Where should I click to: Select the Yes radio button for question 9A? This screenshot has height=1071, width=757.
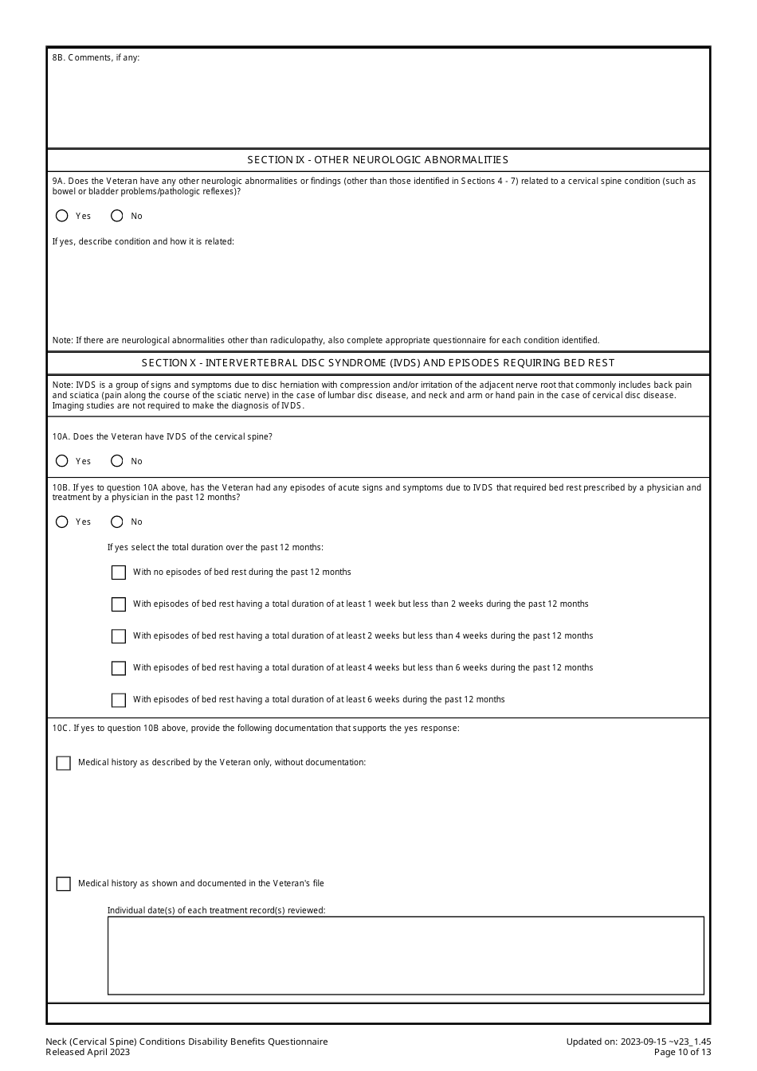pos(62,216)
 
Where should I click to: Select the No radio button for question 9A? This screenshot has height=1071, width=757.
pos(117,216)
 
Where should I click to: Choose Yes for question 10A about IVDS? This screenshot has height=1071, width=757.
pos(62,461)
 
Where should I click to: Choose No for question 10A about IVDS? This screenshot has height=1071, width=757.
pos(117,461)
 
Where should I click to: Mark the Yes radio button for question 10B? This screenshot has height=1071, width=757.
pos(62,522)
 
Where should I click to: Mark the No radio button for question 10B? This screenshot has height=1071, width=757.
pos(117,522)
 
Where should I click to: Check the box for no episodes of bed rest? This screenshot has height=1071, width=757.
pos(119,573)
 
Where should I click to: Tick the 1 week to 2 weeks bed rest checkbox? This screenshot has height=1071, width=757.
pos(119,604)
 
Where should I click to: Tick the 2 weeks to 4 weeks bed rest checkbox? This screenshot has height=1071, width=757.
pos(119,636)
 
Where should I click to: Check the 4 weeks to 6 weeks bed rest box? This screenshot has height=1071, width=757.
pos(119,668)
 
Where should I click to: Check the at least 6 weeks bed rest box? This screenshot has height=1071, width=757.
pos(119,700)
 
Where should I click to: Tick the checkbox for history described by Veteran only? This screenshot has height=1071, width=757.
pos(64,763)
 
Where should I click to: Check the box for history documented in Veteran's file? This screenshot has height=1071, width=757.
pos(64,884)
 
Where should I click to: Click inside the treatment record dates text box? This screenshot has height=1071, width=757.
pos(406,956)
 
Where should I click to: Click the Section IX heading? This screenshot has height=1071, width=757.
pos(378,160)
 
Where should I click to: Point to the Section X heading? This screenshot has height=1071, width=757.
pos(378,363)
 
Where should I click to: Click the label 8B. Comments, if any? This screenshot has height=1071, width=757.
pos(96,58)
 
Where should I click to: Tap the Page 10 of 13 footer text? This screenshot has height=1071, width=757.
pos(682,1052)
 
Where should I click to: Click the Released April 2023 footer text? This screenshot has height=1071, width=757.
pos(88,1052)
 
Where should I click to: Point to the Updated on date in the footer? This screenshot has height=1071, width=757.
pos(638,1042)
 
